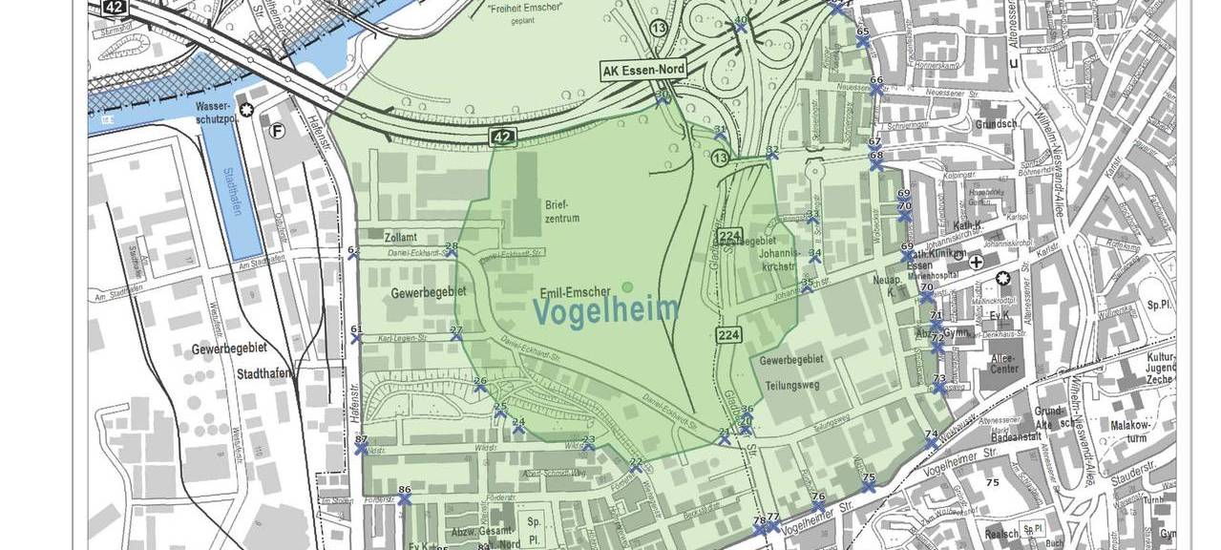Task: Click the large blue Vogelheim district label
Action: click(606, 310)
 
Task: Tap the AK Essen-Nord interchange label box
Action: click(642, 71)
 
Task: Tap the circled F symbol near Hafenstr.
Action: click(277, 132)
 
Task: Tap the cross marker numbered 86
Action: click(405, 499)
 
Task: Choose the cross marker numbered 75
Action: click(868, 487)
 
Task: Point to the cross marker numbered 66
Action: click(876, 89)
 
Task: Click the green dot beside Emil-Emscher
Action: click(627, 286)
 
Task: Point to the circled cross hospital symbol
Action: click(976, 262)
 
